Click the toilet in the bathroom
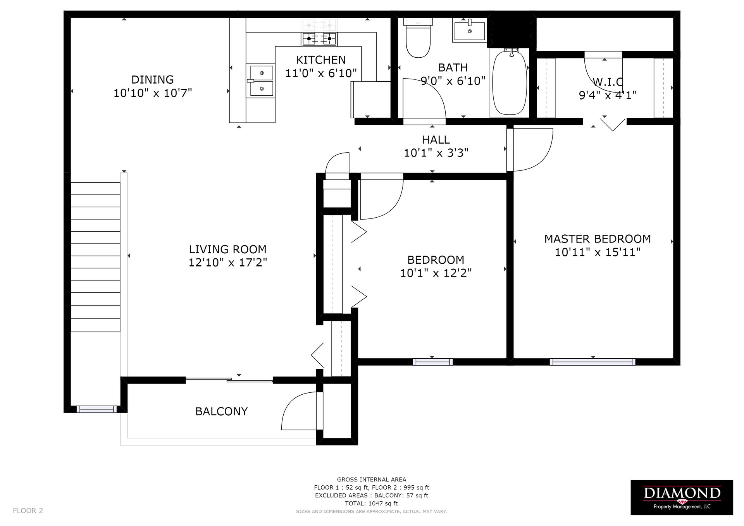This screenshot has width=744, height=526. click(x=418, y=38)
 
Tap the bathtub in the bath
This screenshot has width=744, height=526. click(x=510, y=83)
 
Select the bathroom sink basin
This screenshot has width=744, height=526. click(x=469, y=30)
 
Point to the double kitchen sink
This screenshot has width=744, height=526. click(x=262, y=81)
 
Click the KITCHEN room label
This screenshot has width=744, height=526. click(x=321, y=60)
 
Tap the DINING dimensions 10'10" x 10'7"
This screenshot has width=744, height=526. click(x=153, y=93)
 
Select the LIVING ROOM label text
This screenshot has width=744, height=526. click(x=228, y=249)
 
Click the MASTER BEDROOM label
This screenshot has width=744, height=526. click(x=598, y=239)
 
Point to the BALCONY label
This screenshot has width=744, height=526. click(x=221, y=411)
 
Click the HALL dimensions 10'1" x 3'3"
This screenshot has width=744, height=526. click(x=436, y=153)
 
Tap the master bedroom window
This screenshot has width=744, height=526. click(x=592, y=362)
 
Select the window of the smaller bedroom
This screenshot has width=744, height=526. click(x=432, y=362)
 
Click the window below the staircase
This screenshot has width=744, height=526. click(x=96, y=409)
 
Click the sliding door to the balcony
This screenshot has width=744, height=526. click(x=229, y=380)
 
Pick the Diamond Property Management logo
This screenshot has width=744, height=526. click(x=682, y=497)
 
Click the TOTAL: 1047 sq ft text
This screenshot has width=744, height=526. click(x=371, y=504)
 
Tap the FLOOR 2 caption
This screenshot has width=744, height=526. click(x=28, y=511)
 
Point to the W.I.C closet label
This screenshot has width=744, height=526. click(x=608, y=82)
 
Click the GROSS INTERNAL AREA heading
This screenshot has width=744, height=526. click(x=371, y=480)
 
